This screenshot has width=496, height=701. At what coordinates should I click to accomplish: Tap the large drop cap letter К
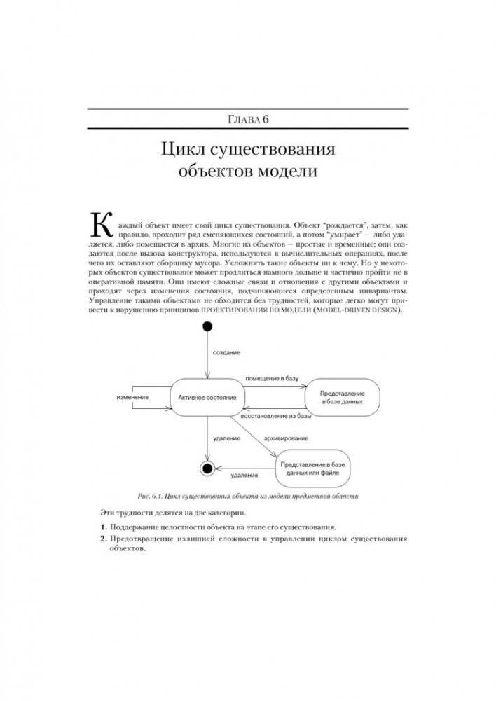[x=102, y=223]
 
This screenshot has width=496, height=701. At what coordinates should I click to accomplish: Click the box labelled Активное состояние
[x=207, y=398]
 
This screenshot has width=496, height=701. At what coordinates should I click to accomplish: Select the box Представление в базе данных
[x=342, y=398]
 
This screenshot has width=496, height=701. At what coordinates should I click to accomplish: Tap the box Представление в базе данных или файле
[x=312, y=469]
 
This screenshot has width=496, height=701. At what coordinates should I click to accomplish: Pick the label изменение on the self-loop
[x=132, y=398]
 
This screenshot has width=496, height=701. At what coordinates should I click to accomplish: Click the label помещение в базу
[x=272, y=378]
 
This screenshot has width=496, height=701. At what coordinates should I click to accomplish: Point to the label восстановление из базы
[x=276, y=416]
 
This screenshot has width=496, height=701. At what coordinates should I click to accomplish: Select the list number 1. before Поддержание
[x=102, y=526]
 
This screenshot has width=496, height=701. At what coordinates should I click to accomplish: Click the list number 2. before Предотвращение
[x=102, y=539]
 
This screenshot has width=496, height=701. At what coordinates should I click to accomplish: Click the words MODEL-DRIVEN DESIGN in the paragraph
[x=357, y=310]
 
